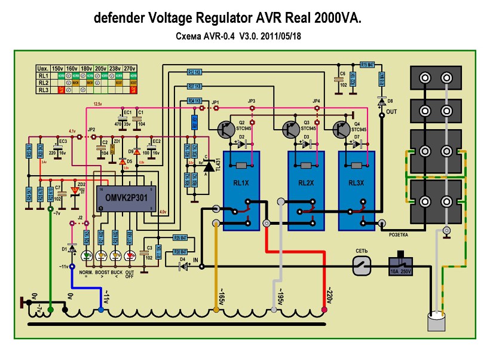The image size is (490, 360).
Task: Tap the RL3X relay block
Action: tap(357, 191)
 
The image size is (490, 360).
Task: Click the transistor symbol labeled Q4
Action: tap(342, 129)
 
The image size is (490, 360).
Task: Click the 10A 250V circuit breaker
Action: tap(402, 266)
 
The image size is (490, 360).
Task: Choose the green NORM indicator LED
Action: tap(87, 257)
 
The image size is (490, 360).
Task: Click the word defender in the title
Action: tap(117, 19)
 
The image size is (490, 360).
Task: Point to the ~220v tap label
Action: tap(327, 295)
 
